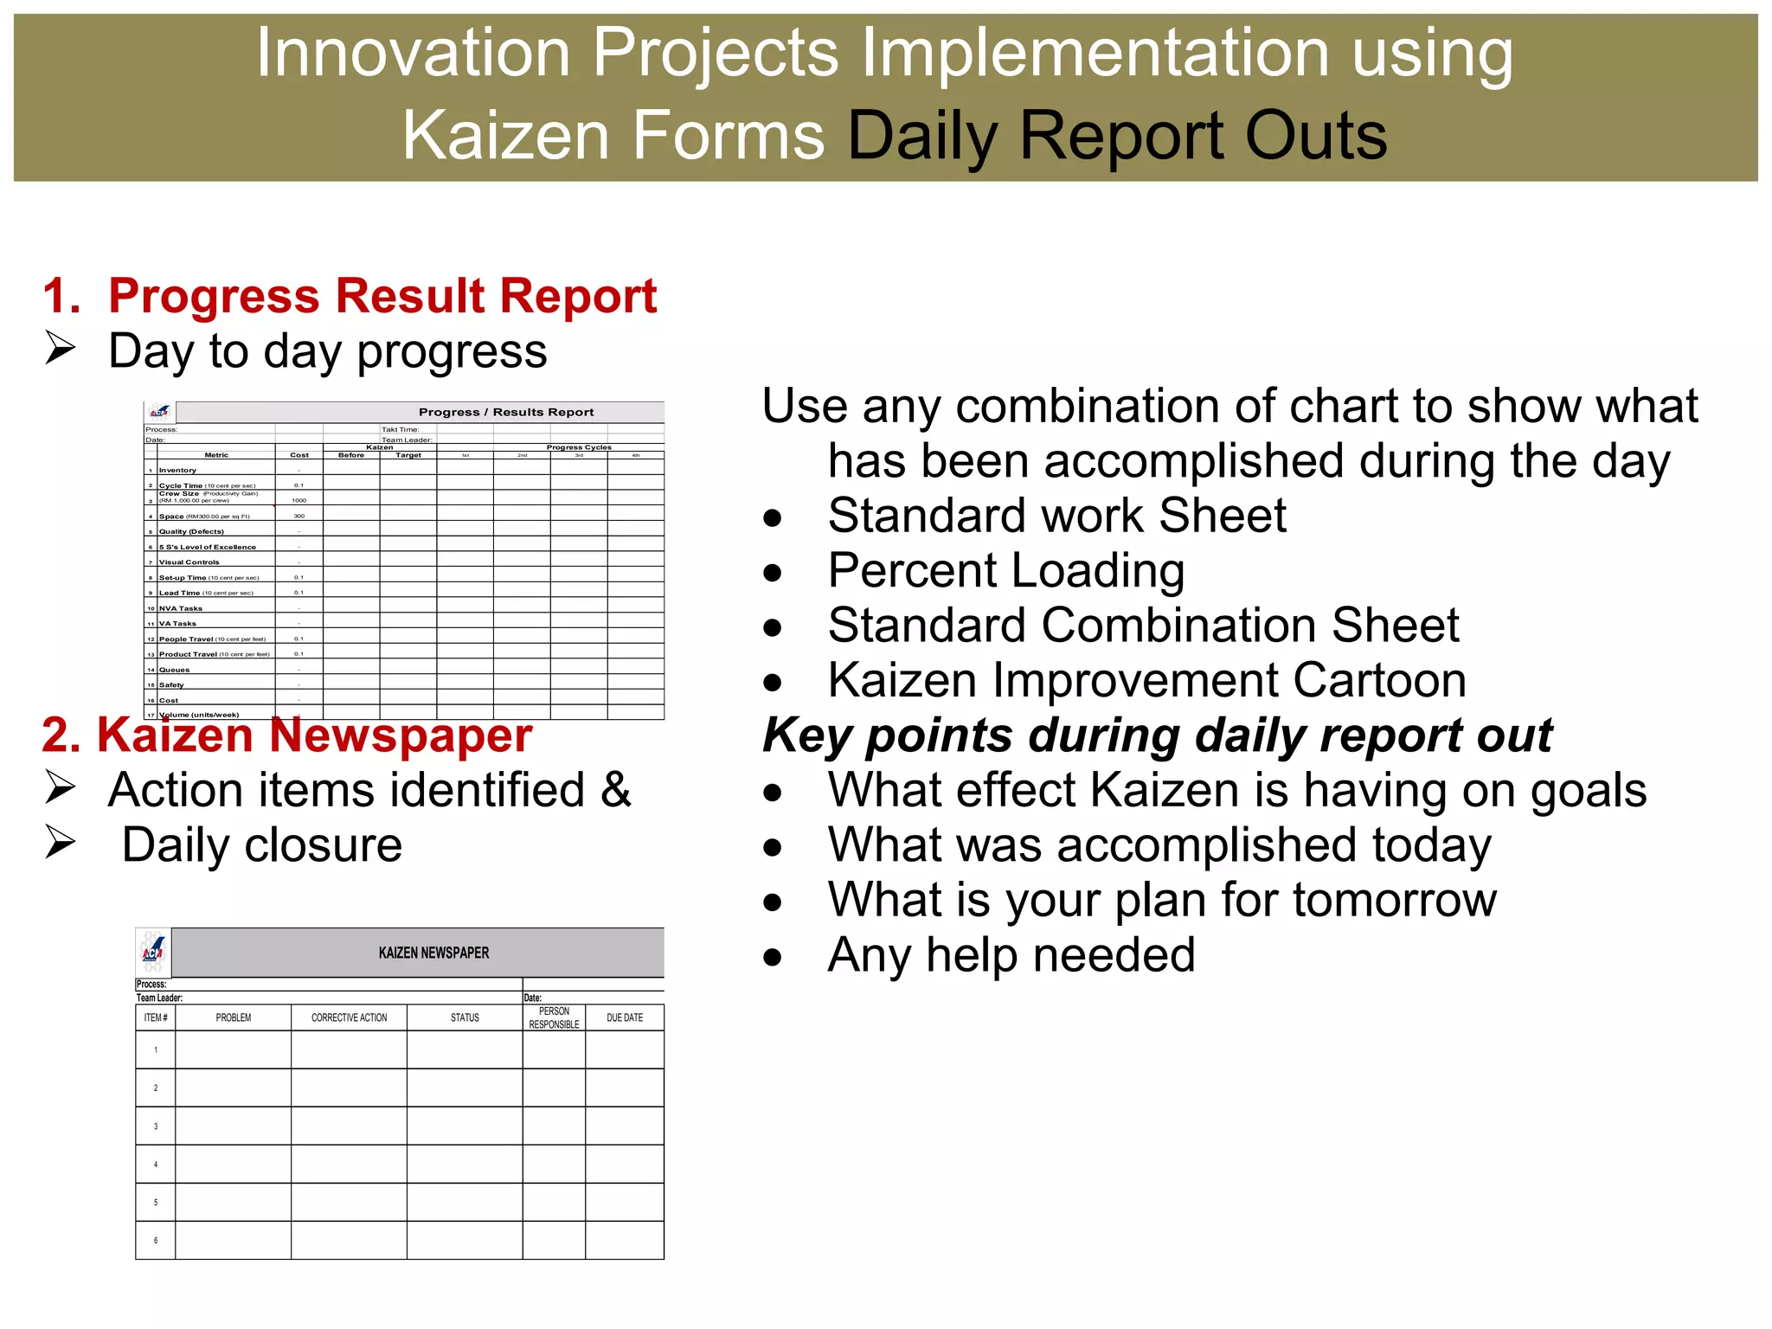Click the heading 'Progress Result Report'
pos(382,296)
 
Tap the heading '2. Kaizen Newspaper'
pos(286,735)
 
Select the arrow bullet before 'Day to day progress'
pos(61,348)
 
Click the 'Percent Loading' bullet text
pos(1005,570)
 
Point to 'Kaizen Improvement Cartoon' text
pos(1146,680)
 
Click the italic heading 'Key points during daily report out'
pos(1157,735)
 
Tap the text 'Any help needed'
pos(1011,955)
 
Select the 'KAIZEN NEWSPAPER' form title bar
pos(433,953)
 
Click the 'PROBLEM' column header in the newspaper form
pos(234,1018)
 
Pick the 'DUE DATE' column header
pos(624,1018)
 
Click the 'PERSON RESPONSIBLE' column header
pos(554,1018)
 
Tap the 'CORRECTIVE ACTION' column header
pos(349,1018)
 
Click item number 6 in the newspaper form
pos(156,1240)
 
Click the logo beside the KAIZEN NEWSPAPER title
pos(153,953)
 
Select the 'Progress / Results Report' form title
pos(506,412)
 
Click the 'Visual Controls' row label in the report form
pos(189,562)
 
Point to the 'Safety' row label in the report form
pos(171,685)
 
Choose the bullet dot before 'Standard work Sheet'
pos(773,518)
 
